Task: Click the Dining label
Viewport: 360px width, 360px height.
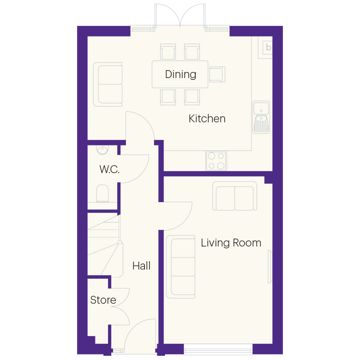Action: [x=180, y=74]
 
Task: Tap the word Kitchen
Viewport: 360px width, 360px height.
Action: [x=207, y=119]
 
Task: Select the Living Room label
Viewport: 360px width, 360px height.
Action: [x=231, y=243]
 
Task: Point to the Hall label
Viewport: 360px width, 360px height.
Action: [x=141, y=266]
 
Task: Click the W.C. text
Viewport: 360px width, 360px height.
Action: [x=109, y=169]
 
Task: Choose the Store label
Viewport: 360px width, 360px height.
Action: [x=103, y=300]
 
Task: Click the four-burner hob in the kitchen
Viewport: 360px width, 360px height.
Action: [x=216, y=161]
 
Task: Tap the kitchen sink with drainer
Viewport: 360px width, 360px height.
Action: [x=261, y=117]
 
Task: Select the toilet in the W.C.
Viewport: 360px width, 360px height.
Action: [x=102, y=193]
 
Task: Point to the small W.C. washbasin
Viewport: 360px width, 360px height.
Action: [x=102, y=150]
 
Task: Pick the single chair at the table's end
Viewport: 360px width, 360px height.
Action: [x=217, y=74]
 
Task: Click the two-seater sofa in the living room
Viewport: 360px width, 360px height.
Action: [x=234, y=196]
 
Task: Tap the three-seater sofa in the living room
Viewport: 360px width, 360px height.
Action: [x=180, y=267]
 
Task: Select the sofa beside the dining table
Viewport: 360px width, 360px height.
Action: [x=108, y=84]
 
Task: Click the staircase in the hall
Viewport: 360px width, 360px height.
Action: [x=105, y=245]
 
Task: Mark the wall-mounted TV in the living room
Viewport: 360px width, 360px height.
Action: [x=270, y=267]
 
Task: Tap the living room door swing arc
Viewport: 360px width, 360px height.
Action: [x=185, y=221]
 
